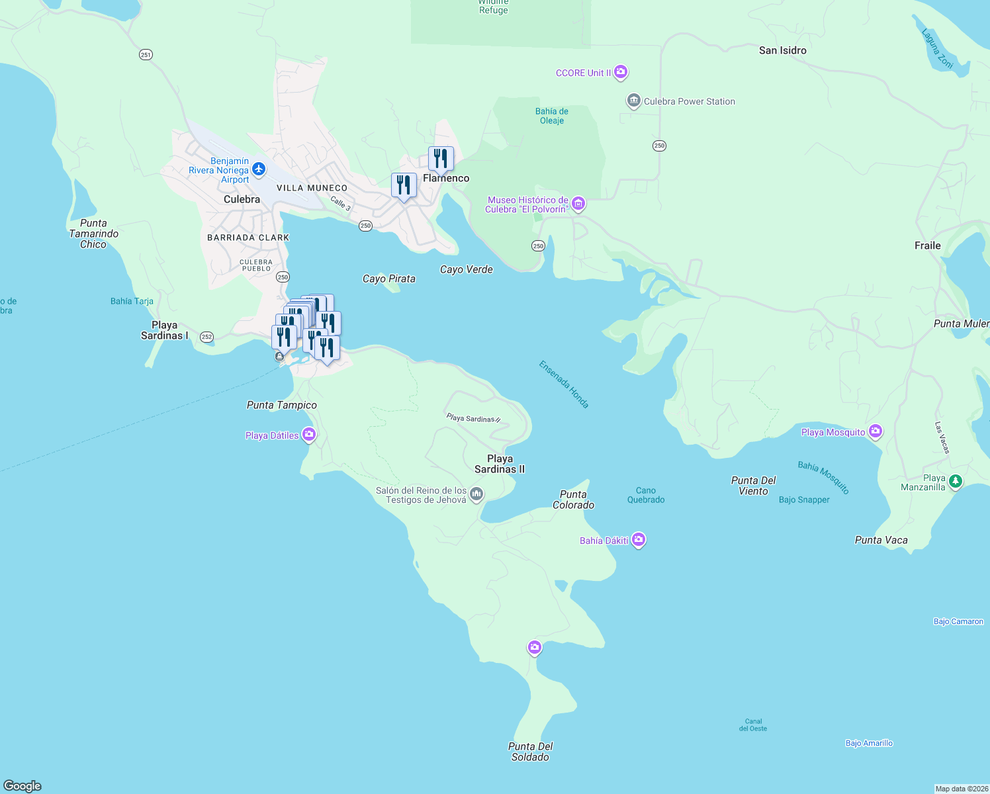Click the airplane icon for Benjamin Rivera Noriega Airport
point(259,170)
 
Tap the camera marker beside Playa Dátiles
point(308,435)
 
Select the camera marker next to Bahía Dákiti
point(638,540)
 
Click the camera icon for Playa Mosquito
point(876,431)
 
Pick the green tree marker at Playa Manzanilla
point(955,481)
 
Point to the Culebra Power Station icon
point(633,101)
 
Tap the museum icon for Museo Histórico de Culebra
point(578,204)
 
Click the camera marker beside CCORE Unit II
point(620,71)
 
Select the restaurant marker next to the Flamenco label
point(441,159)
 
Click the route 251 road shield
point(146,54)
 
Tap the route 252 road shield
point(206,337)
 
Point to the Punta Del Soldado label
point(530,752)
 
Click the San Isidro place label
point(782,50)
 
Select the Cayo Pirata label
point(388,279)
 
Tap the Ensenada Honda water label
point(564,384)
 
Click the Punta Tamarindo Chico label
point(93,234)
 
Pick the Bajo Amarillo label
point(869,743)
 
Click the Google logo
point(22,785)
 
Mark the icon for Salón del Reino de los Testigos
point(476,494)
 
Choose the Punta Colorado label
point(573,500)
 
